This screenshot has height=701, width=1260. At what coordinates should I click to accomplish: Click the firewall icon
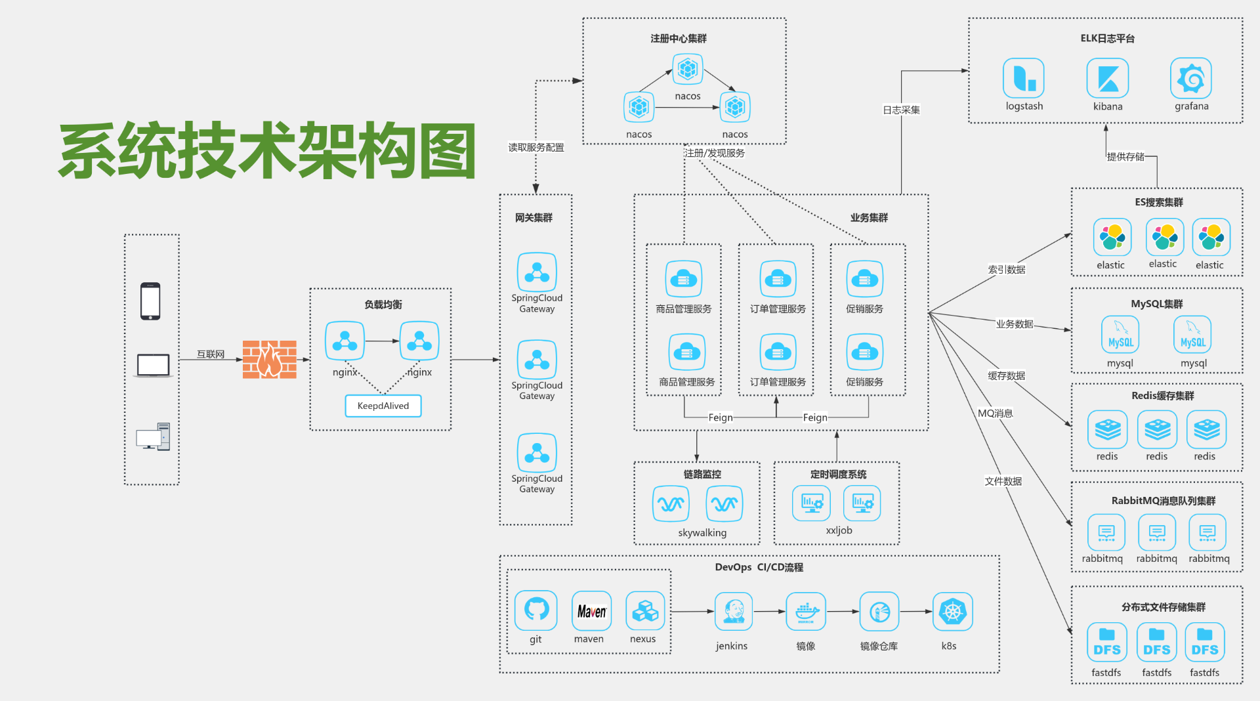(269, 359)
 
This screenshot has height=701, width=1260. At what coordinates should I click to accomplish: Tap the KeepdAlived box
(383, 406)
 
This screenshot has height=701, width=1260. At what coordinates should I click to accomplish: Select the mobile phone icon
(150, 301)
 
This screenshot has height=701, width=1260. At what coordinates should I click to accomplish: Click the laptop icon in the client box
(153, 366)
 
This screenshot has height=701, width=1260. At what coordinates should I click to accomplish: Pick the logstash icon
(1023, 78)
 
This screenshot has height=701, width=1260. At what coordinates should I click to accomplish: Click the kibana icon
(1107, 78)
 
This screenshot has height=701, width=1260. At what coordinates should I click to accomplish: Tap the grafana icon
(1190, 78)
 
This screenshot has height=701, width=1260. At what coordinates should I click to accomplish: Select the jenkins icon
(733, 611)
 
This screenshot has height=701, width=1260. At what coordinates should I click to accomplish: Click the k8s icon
(952, 611)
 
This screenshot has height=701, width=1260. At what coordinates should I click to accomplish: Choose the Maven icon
(591, 611)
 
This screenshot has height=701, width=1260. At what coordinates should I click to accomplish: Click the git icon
(536, 610)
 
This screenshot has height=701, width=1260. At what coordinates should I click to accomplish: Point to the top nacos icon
(687, 69)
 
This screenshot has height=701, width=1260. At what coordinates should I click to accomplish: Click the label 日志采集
(901, 110)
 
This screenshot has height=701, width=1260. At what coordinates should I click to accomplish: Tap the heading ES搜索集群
(1158, 202)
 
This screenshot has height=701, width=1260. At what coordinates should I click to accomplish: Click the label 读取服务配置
(536, 148)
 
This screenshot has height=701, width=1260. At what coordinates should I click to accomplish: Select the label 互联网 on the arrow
(211, 354)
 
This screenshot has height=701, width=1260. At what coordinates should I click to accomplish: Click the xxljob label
(839, 530)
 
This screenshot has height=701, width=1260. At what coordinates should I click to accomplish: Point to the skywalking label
(702, 533)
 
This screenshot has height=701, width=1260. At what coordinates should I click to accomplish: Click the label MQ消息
(995, 413)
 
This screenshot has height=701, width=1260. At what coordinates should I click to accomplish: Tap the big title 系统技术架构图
(268, 151)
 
